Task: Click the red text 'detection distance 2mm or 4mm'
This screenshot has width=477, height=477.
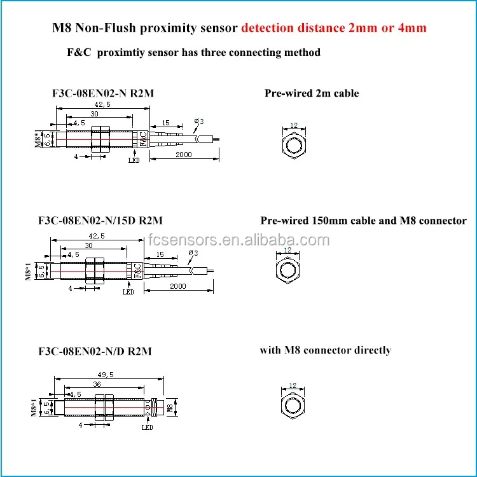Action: [x=334, y=28]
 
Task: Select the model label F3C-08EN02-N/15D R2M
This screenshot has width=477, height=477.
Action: [x=100, y=220]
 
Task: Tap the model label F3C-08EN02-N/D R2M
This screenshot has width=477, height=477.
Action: [x=95, y=351]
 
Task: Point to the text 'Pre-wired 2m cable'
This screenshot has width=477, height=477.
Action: [x=312, y=93]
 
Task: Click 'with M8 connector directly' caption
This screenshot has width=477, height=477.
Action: [x=325, y=350]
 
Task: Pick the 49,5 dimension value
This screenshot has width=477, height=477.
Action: [x=106, y=375]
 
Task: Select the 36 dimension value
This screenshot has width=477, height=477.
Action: [x=97, y=384]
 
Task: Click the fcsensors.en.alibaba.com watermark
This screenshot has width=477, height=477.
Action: [x=238, y=240]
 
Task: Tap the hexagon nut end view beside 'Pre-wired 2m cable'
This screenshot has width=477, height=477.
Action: [x=294, y=145]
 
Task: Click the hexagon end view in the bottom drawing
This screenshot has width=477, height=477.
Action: [x=293, y=406]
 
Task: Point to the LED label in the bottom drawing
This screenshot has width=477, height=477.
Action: [x=148, y=427]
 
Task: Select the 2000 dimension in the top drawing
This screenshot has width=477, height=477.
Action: [x=184, y=155]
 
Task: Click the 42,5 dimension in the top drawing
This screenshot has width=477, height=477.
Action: [x=102, y=105]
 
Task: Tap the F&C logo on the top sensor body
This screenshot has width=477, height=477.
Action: [x=144, y=139]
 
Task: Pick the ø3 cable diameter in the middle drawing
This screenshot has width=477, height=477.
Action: [x=193, y=253]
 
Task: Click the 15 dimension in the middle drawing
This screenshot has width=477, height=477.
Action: [x=160, y=254]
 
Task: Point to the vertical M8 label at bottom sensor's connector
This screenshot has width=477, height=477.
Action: [x=170, y=408]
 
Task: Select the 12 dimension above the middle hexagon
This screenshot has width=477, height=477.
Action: [x=287, y=250]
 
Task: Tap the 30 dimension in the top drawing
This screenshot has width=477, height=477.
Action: [x=94, y=114]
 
